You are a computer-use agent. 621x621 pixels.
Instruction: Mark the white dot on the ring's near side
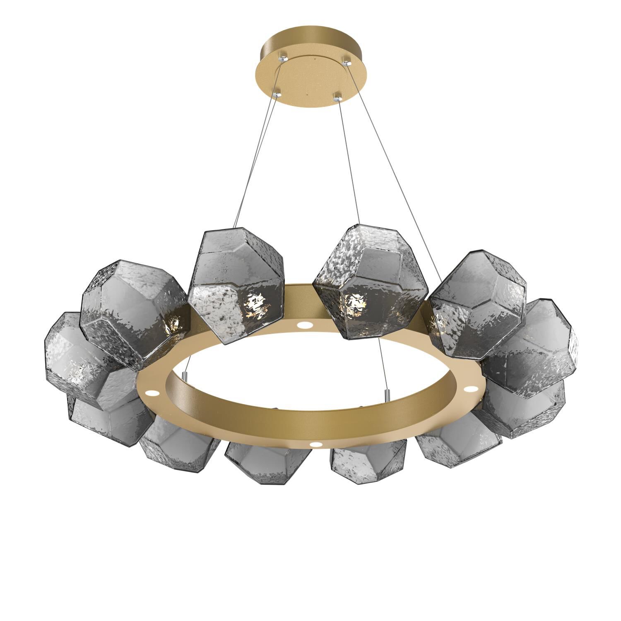click(x=317, y=444)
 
